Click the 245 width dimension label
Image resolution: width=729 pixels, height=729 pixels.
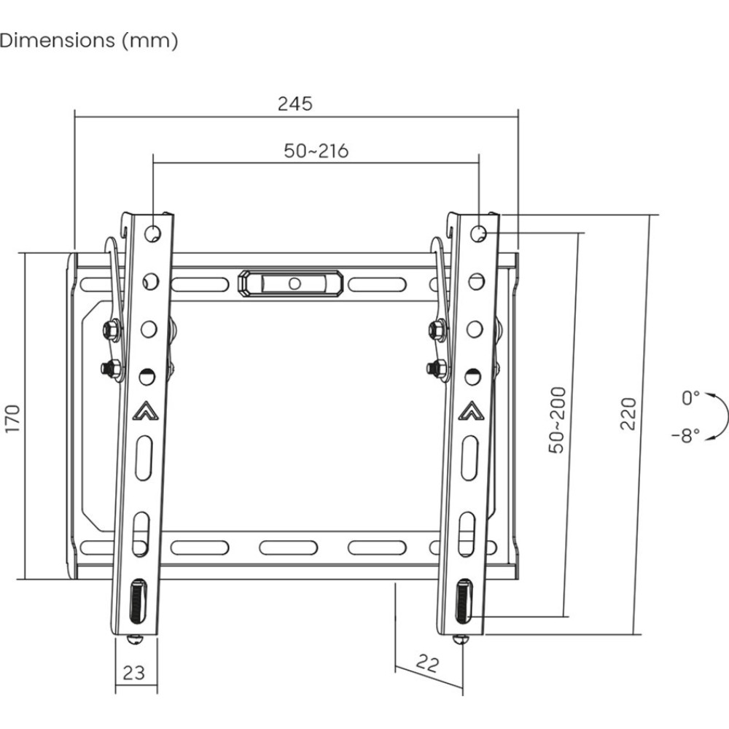click(x=295, y=104)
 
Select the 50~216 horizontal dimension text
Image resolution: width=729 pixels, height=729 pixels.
click(x=316, y=151)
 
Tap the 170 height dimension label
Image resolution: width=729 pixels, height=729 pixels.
click(x=12, y=418)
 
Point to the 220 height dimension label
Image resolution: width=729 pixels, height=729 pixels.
click(x=628, y=413)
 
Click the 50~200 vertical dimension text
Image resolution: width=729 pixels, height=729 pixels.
click(x=557, y=420)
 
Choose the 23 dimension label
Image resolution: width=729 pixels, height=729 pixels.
click(x=134, y=673)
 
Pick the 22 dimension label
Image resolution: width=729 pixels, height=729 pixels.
click(x=427, y=663)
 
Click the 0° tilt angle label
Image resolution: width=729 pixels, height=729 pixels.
click(x=690, y=398)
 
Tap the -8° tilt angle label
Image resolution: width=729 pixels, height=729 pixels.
click(x=686, y=436)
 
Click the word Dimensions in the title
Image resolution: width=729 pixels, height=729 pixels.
click(x=57, y=40)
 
